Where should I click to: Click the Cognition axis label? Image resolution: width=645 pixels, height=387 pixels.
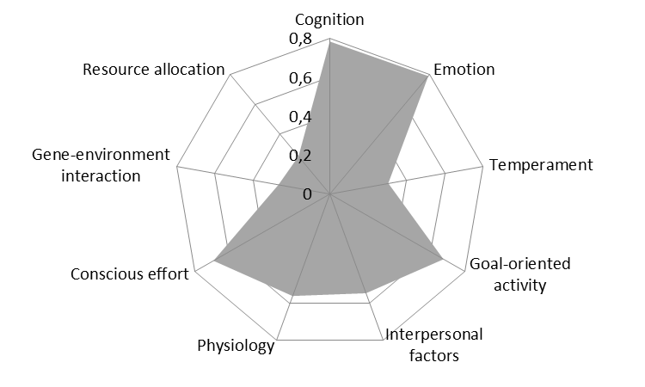tap(330, 19)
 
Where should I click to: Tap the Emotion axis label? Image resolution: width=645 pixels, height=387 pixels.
tap(464, 69)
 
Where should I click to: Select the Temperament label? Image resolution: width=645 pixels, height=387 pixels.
tap(540, 165)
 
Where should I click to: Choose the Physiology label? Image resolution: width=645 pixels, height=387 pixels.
tap(236, 347)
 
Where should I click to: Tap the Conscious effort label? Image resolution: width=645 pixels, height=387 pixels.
tap(131, 275)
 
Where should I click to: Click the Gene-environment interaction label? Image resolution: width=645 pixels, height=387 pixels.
tap(86, 165)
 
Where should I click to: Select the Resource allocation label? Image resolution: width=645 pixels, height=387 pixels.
tap(154, 69)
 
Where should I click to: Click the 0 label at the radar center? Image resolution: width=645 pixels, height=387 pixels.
tap(308, 193)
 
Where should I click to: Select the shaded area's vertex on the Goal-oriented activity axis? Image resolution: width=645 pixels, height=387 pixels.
tap(442, 258)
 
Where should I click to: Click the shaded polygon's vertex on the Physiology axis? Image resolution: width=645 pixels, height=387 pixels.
tap(294, 296)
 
